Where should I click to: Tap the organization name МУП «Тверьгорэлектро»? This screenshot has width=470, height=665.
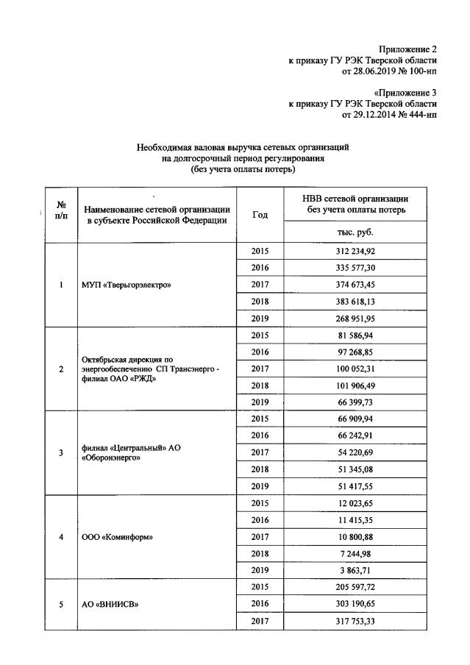[127, 285]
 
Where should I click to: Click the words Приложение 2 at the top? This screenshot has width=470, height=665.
[410, 48]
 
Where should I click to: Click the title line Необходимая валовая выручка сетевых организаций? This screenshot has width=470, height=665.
[242, 148]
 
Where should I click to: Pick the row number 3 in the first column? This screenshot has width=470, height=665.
[60, 452]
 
